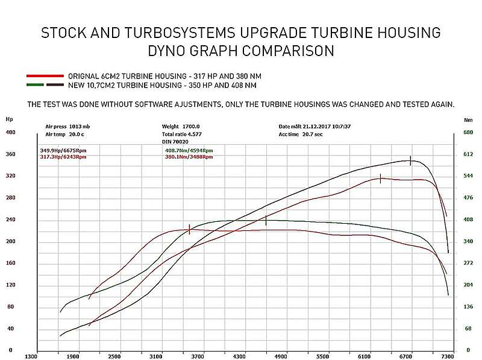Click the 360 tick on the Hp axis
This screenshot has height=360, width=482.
tap(10, 154)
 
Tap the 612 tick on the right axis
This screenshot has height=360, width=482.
tap(467, 154)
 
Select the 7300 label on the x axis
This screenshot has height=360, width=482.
tap(447, 356)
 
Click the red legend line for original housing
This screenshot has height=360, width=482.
tap(45, 77)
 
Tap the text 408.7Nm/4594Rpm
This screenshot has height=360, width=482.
tap(189, 150)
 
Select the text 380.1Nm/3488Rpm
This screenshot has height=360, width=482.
tap(189, 157)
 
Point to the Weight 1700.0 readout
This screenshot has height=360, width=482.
tap(176, 126)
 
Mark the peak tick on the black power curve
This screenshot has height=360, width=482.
tap(410, 160)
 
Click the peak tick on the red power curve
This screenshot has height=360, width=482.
tap(381, 178)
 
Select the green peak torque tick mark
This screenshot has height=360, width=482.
tap(266, 221)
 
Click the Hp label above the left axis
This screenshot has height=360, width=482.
tap(9, 119)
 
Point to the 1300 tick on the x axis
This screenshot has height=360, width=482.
tap(31, 356)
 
